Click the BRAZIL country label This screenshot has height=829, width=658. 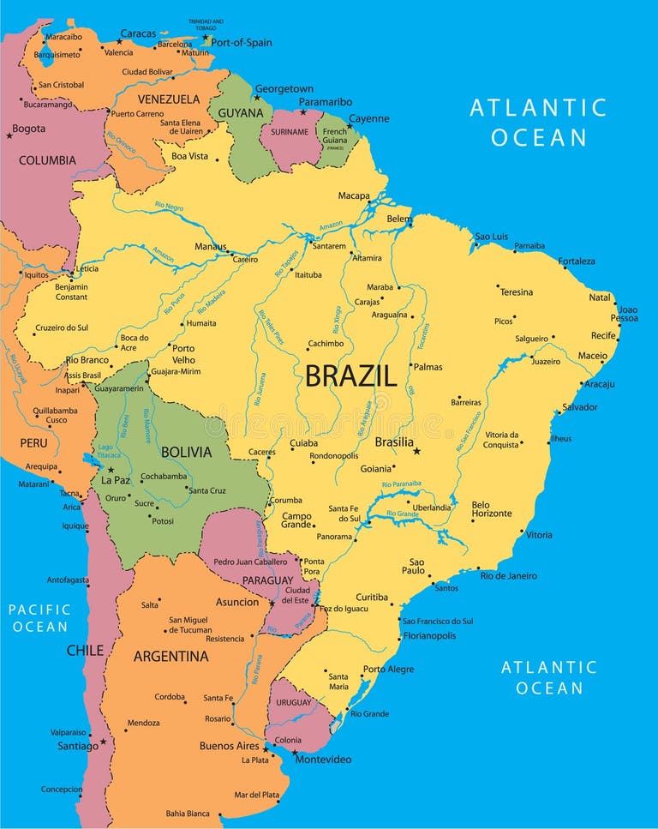[350, 375]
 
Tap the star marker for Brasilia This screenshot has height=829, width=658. [417, 451]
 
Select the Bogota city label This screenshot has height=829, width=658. [28, 129]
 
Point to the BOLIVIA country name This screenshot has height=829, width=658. [186, 452]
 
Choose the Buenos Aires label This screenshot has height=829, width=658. [229, 746]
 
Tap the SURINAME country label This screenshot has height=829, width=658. [289, 132]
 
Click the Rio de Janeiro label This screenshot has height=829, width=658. [509, 576]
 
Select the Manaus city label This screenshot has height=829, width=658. [211, 246]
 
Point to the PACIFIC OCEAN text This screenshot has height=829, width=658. [39, 618]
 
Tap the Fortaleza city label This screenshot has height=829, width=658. [576, 261]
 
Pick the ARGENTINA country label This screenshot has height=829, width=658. [170, 657]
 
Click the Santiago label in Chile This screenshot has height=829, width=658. [78, 746]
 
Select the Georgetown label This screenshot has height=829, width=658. [284, 89]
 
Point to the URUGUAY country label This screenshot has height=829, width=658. [294, 703]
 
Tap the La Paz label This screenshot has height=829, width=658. [115, 480]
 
